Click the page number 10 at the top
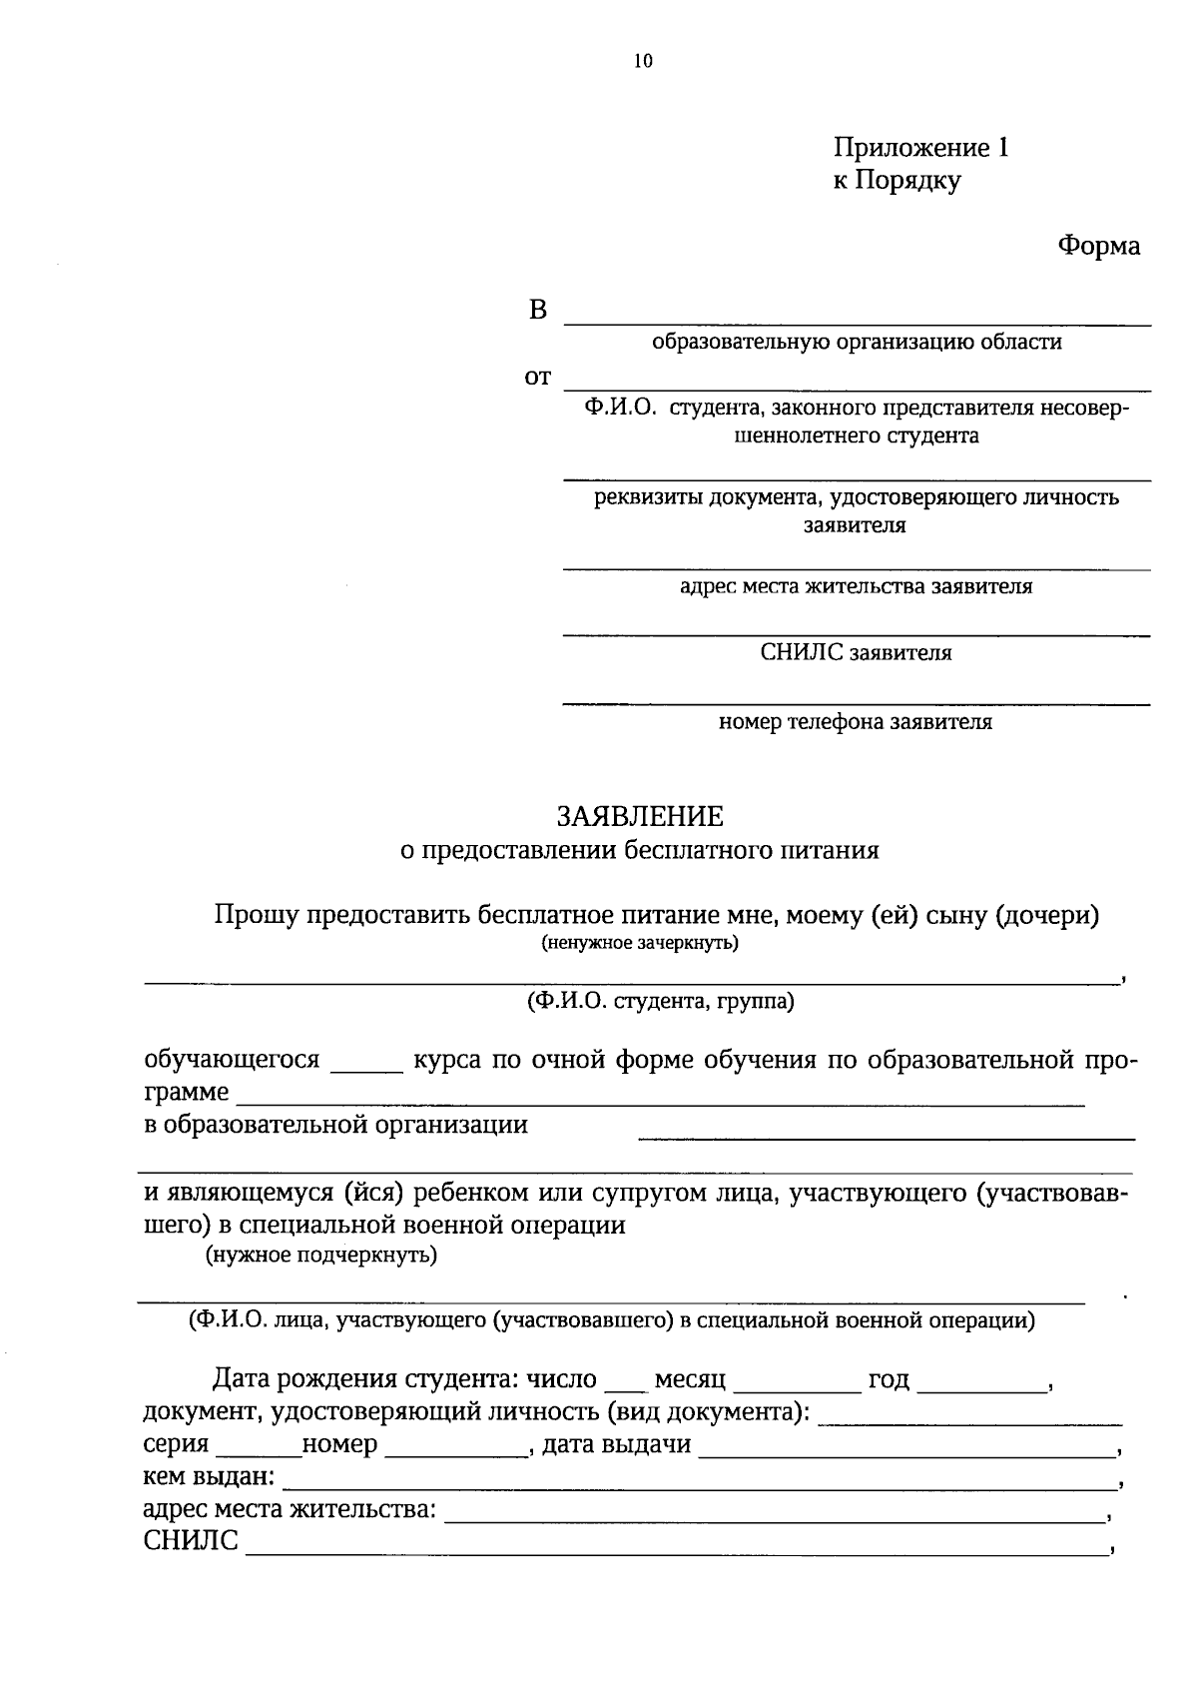[642, 62]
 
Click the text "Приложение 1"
[921, 148]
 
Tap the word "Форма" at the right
[1099, 246]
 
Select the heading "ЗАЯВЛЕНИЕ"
[640, 816]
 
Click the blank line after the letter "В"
[857, 322]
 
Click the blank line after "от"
[857, 388]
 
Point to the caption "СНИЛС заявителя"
[856, 653]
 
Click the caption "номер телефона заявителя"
[856, 721]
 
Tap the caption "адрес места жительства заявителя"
[856, 586]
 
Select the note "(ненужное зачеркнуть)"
[640, 943]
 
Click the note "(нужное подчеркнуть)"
[321, 1255]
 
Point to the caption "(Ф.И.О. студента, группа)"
[660, 1001]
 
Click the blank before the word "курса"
[365, 1069]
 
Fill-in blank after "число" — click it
[625, 1389]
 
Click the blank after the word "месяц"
[797, 1389]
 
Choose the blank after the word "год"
[980, 1389]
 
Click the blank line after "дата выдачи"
[906, 1454]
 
